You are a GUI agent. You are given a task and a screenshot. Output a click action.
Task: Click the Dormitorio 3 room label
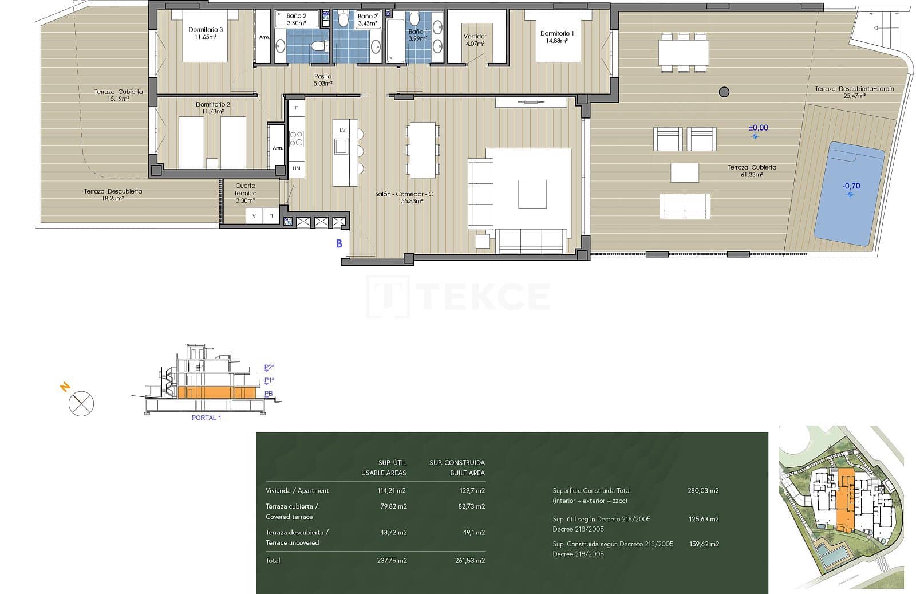coord(206,29)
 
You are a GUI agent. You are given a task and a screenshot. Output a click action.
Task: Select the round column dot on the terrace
coord(724,91)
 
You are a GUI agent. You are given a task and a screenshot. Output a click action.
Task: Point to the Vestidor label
coord(475,36)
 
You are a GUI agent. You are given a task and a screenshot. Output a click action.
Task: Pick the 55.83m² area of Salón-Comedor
coord(404,202)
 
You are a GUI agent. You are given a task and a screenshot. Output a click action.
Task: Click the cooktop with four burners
coord(296,139)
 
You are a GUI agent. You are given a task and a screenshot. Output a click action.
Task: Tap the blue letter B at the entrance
coord(339,244)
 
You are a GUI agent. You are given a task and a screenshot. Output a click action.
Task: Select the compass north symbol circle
coord(81,403)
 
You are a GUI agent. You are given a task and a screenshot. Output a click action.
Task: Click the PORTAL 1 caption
coord(206,418)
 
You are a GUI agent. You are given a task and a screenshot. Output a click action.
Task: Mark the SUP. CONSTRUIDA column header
coord(457,463)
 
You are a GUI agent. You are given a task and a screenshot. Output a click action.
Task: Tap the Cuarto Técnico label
coord(246,190)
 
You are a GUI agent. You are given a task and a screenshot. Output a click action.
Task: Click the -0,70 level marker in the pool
coord(851,186)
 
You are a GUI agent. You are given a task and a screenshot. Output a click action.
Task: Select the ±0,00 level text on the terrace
coord(758,128)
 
